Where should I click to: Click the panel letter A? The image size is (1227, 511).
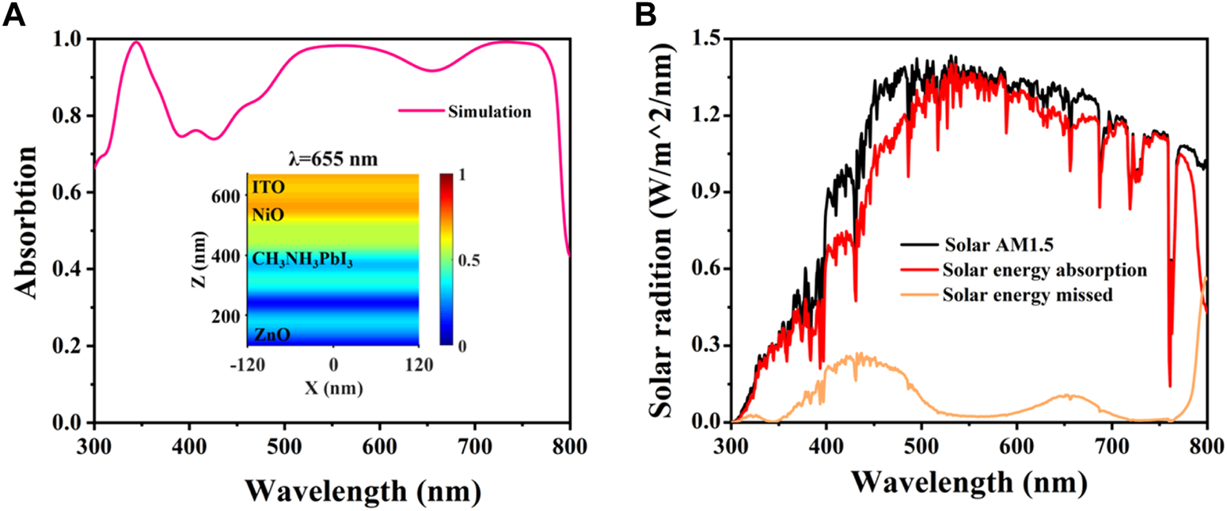click(15, 15)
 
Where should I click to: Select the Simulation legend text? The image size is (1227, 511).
click(490, 112)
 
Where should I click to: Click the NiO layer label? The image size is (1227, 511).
click(267, 215)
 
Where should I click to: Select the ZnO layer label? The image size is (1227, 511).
click(271, 335)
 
